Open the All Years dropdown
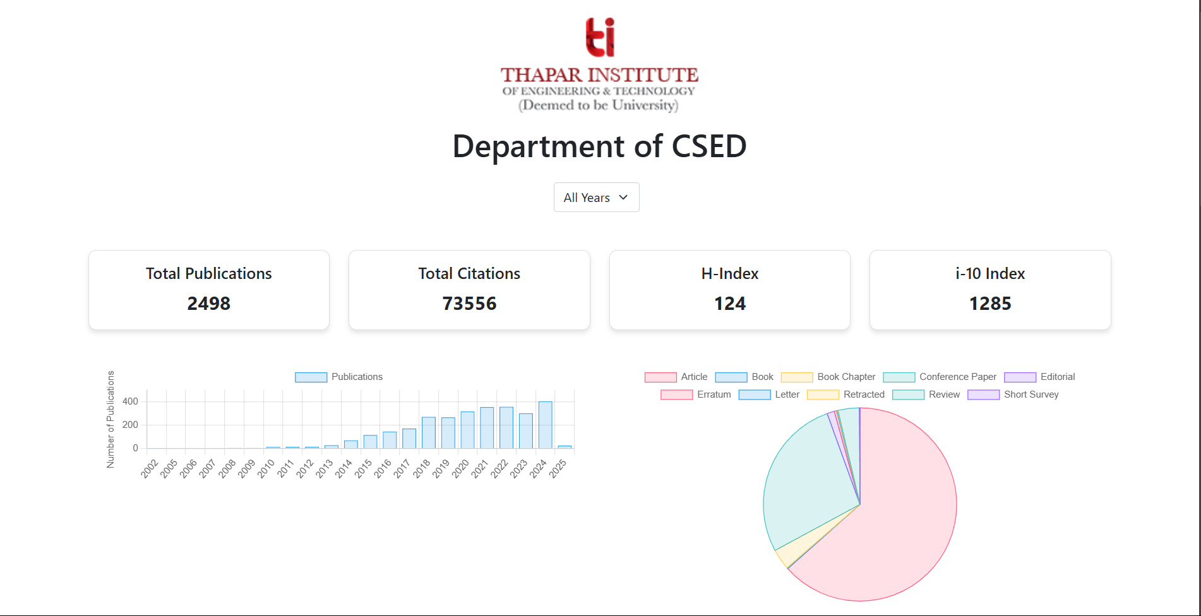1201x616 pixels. click(x=596, y=198)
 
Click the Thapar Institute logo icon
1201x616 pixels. click(x=599, y=38)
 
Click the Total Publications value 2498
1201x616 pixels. click(x=209, y=304)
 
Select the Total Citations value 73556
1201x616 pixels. click(x=469, y=304)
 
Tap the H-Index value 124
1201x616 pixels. click(x=730, y=304)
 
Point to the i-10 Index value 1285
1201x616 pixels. click(x=990, y=304)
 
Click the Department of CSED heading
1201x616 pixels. click(x=599, y=146)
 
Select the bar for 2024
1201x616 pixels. click(x=545, y=425)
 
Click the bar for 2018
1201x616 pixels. click(x=428, y=433)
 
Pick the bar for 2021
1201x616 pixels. click(x=487, y=428)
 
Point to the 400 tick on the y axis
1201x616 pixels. click(x=130, y=401)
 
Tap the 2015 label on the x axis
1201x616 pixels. click(x=363, y=468)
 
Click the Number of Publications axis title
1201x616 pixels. click(x=111, y=419)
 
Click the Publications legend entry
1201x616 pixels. click(x=339, y=377)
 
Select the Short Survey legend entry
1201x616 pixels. click(x=1013, y=394)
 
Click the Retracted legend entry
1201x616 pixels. click(x=846, y=394)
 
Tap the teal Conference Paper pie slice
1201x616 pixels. click(x=802, y=480)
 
